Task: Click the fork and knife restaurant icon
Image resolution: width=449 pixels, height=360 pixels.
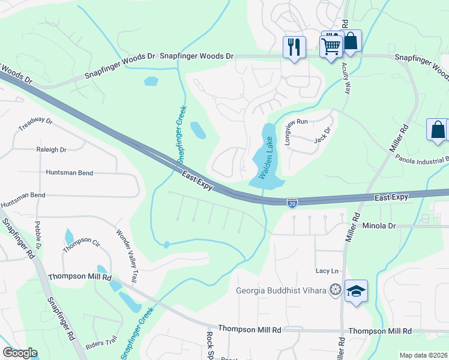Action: (294, 47)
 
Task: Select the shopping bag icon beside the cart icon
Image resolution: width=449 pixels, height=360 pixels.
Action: (351, 41)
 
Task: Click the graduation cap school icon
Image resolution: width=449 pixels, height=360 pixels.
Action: (356, 292)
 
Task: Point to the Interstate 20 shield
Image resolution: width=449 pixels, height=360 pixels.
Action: (292, 202)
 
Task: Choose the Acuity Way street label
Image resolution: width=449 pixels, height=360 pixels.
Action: (346, 79)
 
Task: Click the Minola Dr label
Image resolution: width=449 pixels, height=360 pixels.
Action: (380, 226)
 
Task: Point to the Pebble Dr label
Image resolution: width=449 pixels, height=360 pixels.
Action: (38, 238)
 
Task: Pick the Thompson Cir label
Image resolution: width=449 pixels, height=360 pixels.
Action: (81, 244)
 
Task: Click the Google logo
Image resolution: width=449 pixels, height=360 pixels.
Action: (20, 353)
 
